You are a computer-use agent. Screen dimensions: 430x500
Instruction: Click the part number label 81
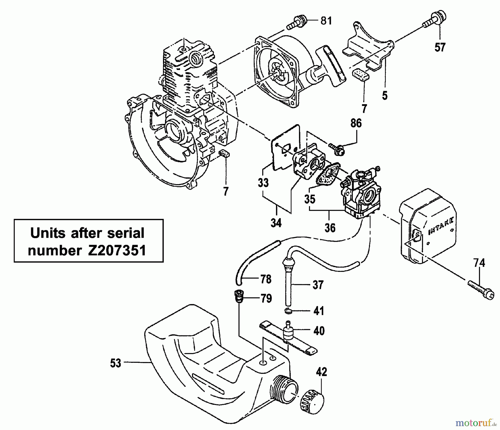pos(326,21)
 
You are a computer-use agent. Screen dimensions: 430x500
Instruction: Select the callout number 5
pos(385,95)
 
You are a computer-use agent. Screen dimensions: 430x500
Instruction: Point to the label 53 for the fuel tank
pos(116,363)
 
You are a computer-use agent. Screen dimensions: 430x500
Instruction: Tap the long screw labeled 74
pos(480,290)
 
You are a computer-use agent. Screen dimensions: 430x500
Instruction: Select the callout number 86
pos(356,123)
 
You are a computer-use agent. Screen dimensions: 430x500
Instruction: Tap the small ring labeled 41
pos(289,311)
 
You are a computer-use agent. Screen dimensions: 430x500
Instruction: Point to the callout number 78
pos(266,279)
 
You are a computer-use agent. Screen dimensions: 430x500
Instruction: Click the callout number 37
pos(318,285)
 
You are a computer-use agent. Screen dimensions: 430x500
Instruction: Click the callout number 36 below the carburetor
pos(330,228)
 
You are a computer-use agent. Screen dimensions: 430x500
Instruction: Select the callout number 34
pos(276,223)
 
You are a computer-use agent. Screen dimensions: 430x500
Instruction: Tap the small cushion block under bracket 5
pos(360,75)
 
